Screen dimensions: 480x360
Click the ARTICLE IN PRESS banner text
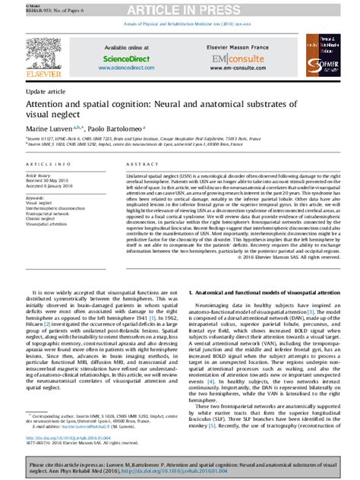coord(179,8)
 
